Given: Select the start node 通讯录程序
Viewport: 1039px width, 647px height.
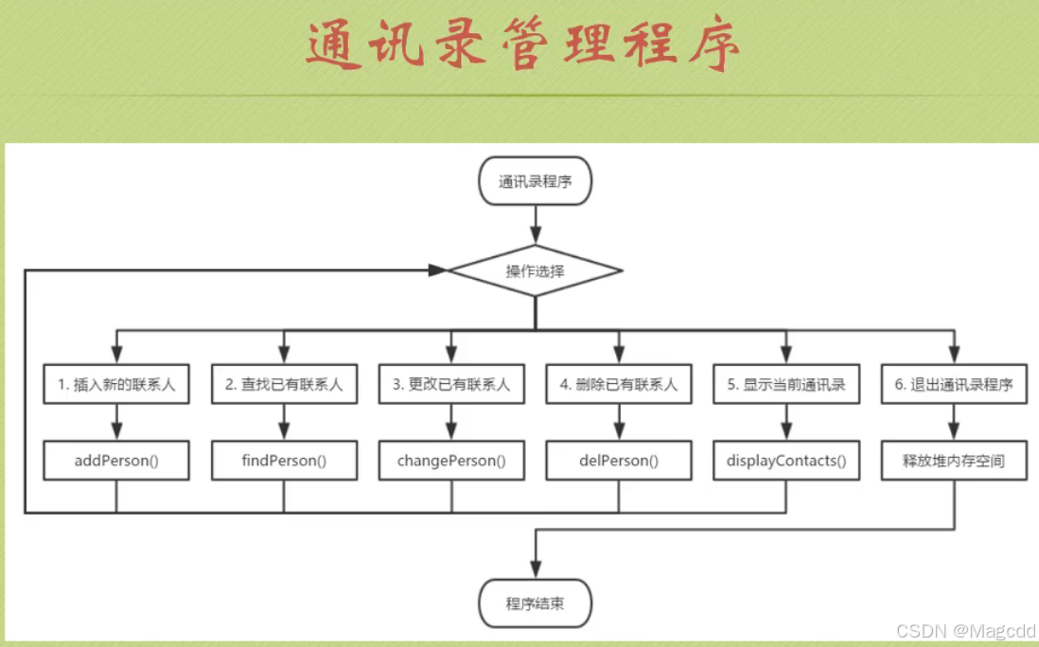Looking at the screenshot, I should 535,182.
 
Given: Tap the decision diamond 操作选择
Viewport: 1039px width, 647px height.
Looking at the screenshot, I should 535,271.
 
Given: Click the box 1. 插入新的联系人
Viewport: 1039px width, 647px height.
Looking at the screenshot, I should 116,385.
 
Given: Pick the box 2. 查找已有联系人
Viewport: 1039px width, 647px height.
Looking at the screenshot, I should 284,385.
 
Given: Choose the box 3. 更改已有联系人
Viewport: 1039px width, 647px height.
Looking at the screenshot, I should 451,385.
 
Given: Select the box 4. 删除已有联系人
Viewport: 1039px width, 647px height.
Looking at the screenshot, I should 619,385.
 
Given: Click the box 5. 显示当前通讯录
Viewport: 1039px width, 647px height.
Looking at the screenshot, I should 786,385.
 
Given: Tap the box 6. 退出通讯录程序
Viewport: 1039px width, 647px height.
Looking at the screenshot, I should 954,385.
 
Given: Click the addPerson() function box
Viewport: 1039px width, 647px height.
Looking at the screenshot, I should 116,461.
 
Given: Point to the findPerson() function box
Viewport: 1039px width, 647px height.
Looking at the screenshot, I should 284,461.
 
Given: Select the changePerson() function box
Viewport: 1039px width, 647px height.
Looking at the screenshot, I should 451,461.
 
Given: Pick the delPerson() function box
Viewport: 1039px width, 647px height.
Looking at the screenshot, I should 619,461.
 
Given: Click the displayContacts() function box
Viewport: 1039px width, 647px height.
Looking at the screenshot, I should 786,461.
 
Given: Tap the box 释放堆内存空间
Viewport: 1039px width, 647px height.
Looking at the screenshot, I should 954,461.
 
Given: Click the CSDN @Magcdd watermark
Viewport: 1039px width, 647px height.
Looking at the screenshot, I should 965,631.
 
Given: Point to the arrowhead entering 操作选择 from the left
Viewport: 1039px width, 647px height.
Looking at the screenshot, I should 437,271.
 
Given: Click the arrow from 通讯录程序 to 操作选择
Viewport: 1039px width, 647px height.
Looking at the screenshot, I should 536,224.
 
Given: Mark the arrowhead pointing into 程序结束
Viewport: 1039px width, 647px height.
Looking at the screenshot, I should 536,571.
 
